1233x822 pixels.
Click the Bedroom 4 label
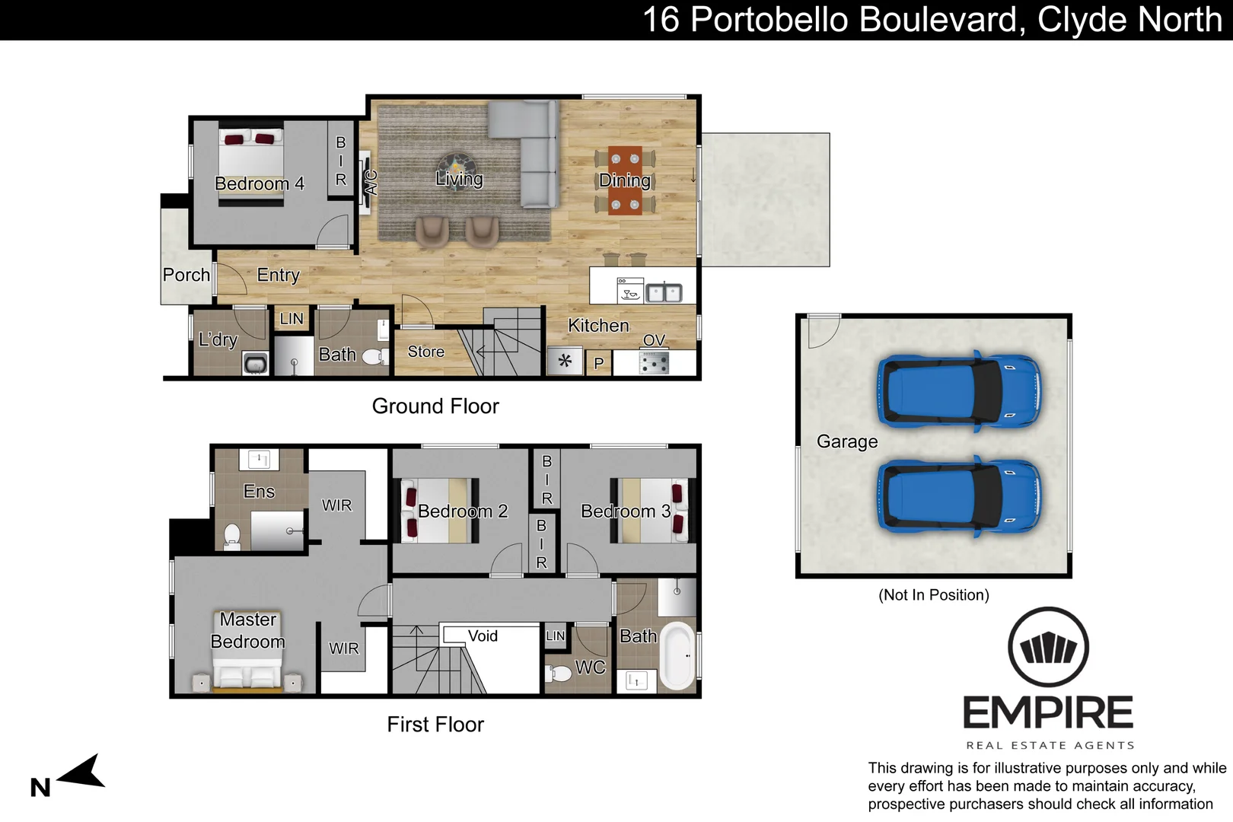tap(260, 183)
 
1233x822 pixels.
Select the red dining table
tap(625, 180)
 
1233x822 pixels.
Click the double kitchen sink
tap(664, 292)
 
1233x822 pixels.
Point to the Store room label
tap(425, 352)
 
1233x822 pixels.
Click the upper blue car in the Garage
tap(959, 391)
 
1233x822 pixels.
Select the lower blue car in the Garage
tap(959, 496)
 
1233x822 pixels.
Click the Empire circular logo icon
tap(1048, 647)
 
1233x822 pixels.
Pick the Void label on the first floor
tap(483, 636)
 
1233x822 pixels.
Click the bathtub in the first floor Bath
tap(677, 655)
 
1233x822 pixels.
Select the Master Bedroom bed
tap(247, 674)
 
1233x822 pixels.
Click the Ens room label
tap(259, 492)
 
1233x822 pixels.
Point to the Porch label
tap(186, 275)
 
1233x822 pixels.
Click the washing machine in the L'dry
tap(255, 364)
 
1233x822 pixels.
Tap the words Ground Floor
tap(435, 406)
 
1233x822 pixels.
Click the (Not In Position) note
tap(934, 595)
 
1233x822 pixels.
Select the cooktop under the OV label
tap(654, 362)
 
